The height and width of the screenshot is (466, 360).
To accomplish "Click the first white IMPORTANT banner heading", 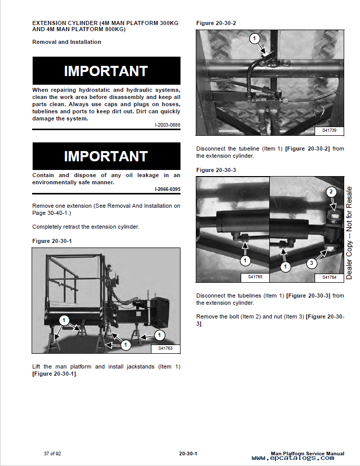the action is click(x=106, y=71).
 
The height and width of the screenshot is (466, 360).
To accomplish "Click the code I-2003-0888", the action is click(x=168, y=125).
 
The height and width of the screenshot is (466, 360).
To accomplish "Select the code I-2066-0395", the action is click(x=168, y=189).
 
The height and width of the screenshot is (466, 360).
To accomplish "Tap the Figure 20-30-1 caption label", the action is click(x=52, y=241).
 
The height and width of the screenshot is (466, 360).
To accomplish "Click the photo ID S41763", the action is click(x=165, y=348).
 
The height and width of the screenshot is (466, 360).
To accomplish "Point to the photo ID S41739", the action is click(x=329, y=130).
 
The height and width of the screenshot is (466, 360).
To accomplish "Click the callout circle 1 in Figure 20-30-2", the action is click(x=254, y=38).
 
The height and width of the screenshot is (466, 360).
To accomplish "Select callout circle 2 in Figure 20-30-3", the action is click(x=331, y=192).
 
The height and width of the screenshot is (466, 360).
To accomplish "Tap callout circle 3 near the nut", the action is click(x=311, y=263).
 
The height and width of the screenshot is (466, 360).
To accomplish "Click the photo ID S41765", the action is click(x=255, y=277).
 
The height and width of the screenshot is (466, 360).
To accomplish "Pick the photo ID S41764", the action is click(x=329, y=277).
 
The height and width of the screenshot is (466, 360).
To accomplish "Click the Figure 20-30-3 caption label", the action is click(x=216, y=170).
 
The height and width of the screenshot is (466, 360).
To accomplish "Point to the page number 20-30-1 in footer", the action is click(x=188, y=454).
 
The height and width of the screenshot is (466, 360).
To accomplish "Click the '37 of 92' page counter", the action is click(x=53, y=454).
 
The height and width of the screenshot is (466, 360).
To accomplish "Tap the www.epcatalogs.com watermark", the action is click(x=293, y=458).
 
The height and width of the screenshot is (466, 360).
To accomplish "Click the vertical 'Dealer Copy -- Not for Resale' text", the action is click(x=349, y=233).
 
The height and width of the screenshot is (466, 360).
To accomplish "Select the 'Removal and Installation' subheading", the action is click(x=66, y=42).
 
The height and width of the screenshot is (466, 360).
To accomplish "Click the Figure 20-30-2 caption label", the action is click(x=216, y=23).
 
